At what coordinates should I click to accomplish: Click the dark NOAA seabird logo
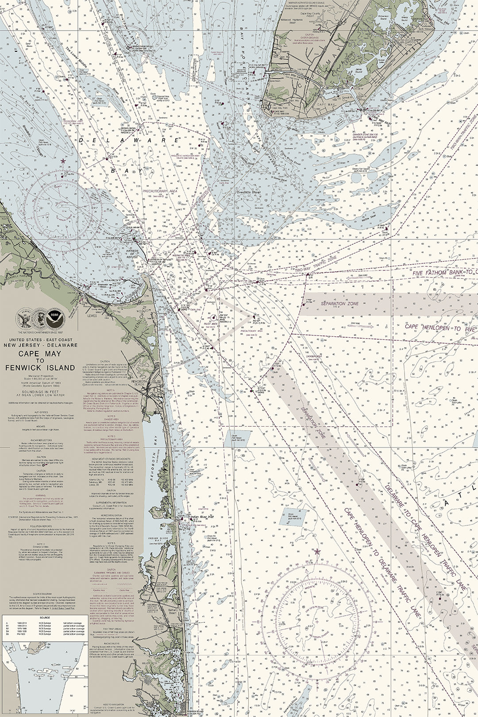55,318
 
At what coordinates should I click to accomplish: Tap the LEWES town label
92,316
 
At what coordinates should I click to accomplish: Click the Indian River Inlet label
202,517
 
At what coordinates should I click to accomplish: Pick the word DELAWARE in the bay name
128,140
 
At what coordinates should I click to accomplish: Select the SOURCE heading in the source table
44,617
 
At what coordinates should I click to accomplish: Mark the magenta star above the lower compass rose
317,551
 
